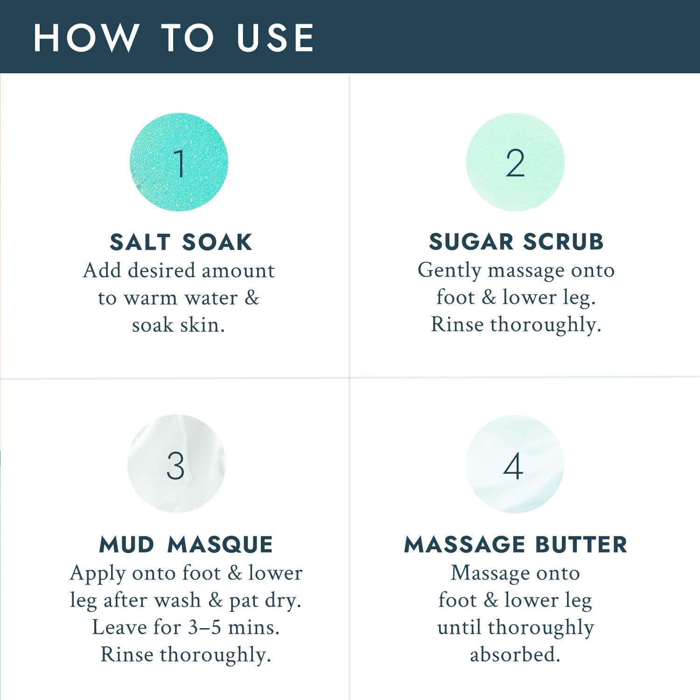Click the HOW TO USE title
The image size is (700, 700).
(x=174, y=37)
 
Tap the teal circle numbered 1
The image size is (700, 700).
(x=179, y=162)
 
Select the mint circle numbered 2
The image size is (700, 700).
(x=515, y=162)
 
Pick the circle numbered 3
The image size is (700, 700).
(x=176, y=463)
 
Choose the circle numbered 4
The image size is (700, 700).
(x=515, y=464)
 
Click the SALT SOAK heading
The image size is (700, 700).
(x=181, y=242)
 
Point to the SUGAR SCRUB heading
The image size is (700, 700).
(x=516, y=242)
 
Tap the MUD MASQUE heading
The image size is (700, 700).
(x=186, y=545)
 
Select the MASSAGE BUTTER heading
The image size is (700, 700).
(x=516, y=545)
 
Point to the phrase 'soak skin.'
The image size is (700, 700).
(x=178, y=325)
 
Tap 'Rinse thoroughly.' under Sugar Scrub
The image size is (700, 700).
(x=516, y=325)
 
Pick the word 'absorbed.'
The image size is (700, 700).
(x=515, y=654)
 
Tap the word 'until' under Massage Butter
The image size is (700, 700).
(x=459, y=627)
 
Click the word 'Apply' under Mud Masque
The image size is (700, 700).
(x=98, y=574)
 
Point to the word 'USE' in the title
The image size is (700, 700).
(x=275, y=37)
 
